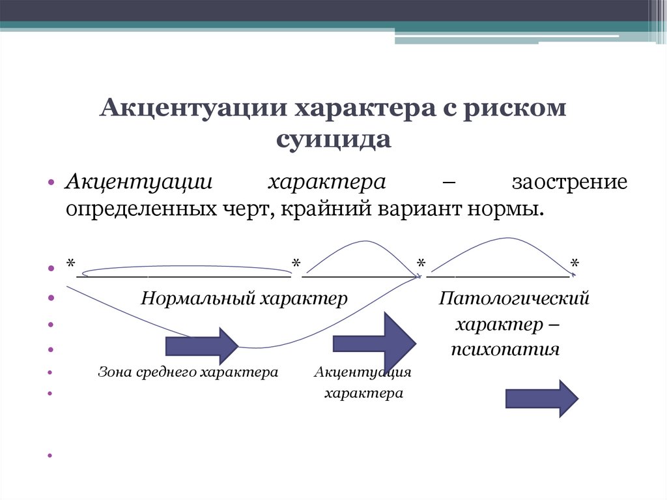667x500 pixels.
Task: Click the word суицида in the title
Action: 333,139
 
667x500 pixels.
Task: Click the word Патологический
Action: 514,299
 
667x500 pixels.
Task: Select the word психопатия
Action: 505,349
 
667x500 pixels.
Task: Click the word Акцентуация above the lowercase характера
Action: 363,372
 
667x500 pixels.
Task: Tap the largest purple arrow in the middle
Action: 374,343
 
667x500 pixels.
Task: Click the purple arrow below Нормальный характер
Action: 202,346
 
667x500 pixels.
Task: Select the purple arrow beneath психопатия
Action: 541,398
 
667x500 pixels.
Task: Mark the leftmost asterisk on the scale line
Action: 70,263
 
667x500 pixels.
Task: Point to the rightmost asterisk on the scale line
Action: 575,263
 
